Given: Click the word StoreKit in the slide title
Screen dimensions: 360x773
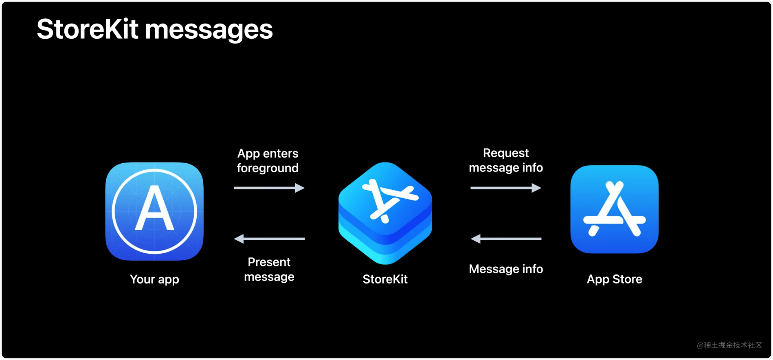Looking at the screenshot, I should point(87,29).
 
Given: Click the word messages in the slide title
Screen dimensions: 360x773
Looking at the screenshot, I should point(209,30).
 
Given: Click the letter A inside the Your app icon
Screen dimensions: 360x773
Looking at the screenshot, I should point(154,209).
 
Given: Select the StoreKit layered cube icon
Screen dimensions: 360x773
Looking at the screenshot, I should point(385,213).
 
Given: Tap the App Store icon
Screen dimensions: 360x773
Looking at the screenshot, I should point(614,209).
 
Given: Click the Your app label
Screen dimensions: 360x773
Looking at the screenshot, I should point(154,279).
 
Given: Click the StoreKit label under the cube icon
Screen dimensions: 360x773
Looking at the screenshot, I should point(385,279).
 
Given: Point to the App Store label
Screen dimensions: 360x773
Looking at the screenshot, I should point(614,279).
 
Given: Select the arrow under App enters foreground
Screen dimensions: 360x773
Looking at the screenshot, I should point(269,188).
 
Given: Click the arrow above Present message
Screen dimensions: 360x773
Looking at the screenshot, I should point(269,239).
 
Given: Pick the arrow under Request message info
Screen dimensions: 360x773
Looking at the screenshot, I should point(505,188).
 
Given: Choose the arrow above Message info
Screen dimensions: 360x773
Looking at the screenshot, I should point(505,239).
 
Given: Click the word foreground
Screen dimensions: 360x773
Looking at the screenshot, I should point(268,168).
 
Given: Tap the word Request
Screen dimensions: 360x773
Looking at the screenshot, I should point(505,153).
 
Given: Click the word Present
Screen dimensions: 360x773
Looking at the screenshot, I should point(269,262).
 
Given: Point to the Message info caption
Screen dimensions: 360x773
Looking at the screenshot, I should point(505,269).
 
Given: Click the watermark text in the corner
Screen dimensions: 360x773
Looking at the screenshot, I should point(729,345).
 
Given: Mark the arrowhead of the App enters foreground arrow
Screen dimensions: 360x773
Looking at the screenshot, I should point(300,188).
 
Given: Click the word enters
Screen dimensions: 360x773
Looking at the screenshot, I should point(281,154).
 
